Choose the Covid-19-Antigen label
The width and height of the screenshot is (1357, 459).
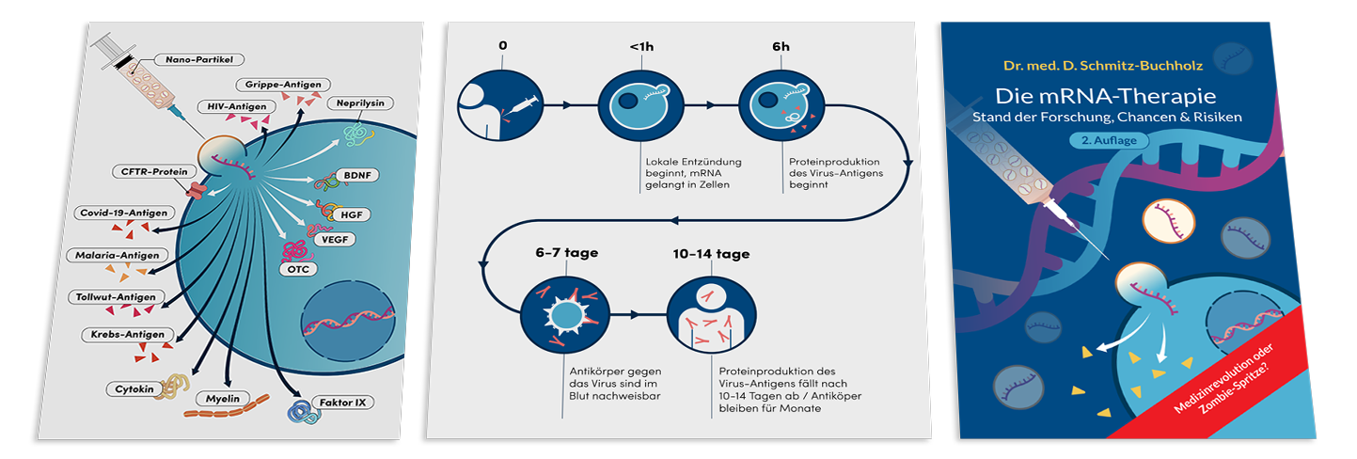119,213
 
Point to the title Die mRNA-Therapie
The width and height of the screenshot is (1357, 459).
1106,96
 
